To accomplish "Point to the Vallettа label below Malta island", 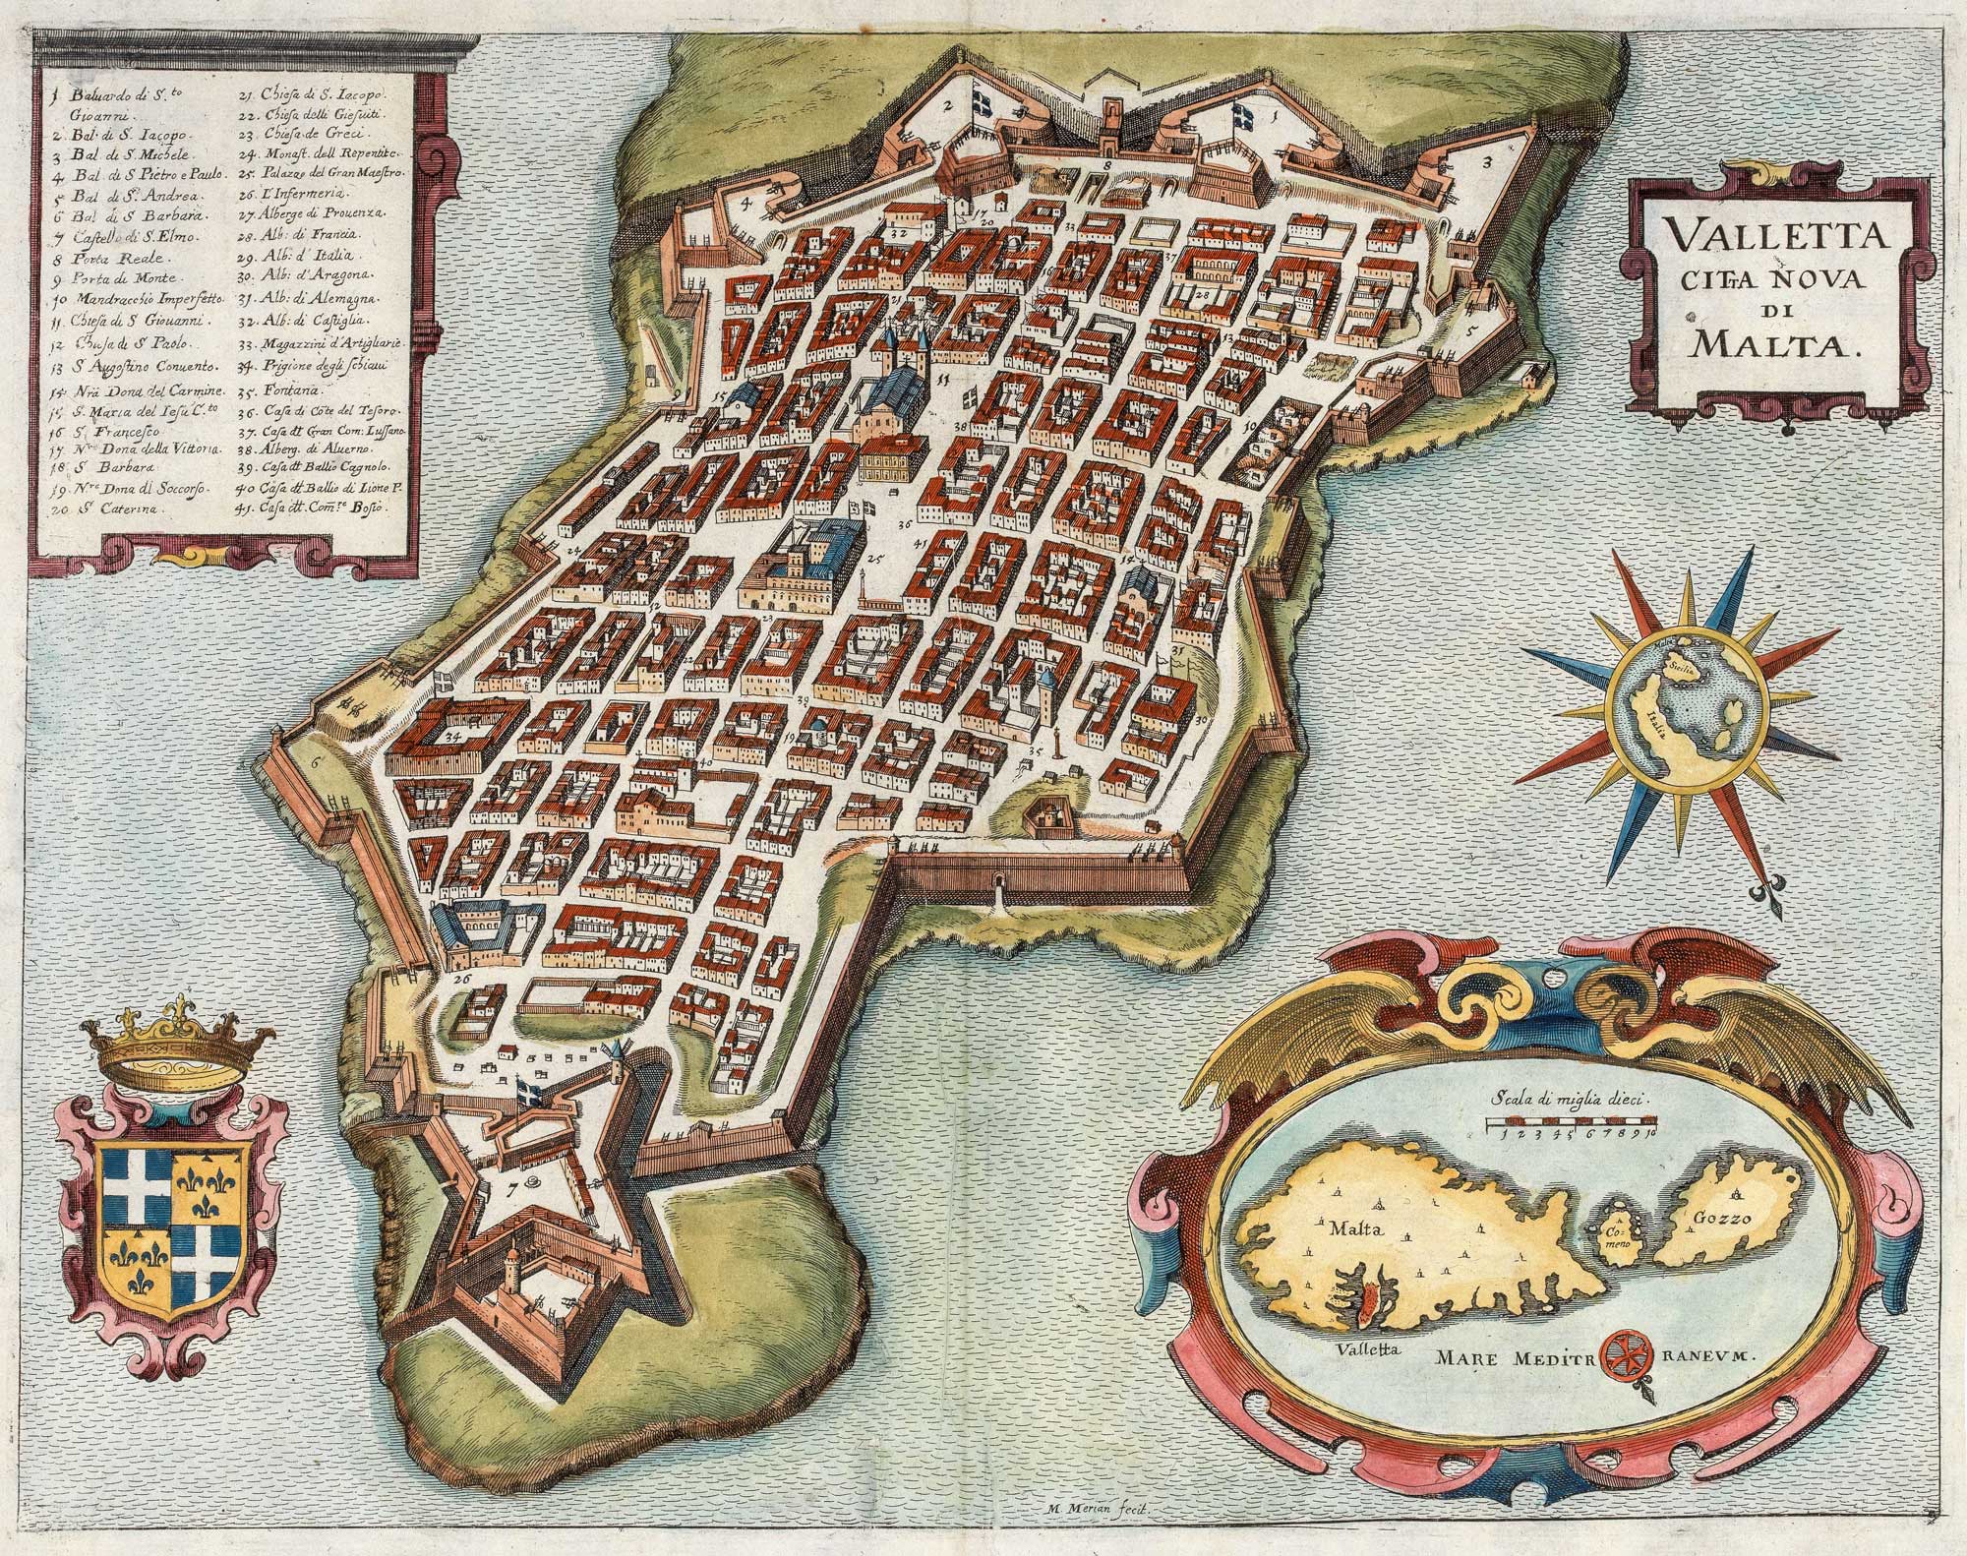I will pos(1362,1349).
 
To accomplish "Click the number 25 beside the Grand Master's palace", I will pos(873,564).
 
